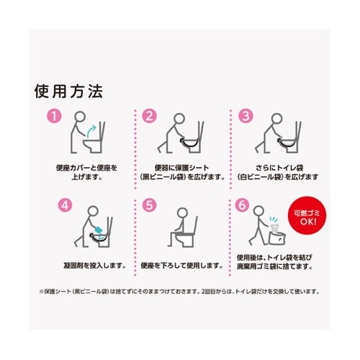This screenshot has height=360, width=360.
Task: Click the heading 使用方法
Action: click(x=69, y=93)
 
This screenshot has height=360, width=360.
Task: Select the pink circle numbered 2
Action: click(x=149, y=115)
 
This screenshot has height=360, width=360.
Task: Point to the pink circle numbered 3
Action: click(x=245, y=115)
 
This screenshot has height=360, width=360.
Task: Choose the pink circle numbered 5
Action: click(x=149, y=205)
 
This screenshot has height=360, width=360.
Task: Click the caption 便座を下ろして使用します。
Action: click(x=173, y=265)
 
